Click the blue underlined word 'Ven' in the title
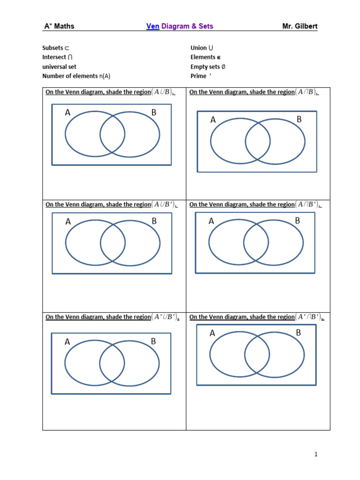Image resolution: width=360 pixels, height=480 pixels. (153, 26)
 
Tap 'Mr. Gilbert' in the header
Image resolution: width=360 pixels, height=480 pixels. (300, 26)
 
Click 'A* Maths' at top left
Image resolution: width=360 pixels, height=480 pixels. (59, 26)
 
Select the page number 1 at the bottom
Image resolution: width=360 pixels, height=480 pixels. (316, 454)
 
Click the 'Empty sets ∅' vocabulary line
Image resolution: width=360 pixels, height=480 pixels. (208, 67)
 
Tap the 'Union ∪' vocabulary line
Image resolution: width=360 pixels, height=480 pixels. (202, 48)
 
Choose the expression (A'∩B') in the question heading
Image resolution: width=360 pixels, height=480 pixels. (309, 317)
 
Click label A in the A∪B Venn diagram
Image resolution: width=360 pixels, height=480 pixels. (68, 112)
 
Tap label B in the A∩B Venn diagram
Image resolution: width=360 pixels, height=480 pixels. (299, 120)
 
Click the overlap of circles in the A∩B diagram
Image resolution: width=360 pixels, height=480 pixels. (258, 141)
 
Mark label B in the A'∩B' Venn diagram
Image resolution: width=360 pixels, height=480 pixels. (298, 333)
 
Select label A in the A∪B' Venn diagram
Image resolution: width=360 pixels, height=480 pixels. (68, 222)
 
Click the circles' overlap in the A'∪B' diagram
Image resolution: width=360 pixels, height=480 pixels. (112, 363)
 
